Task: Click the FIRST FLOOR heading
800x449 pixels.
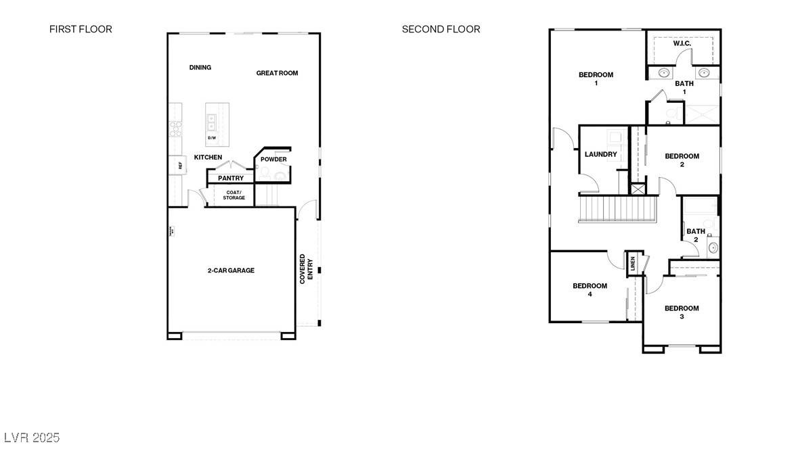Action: [81, 29]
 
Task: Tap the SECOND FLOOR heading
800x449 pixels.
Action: [441, 29]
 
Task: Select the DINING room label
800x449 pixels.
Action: [200, 68]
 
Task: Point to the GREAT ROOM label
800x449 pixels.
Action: [277, 73]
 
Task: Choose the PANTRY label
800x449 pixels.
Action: [231, 179]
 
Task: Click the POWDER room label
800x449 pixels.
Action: [273, 160]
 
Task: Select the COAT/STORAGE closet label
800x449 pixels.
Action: [234, 195]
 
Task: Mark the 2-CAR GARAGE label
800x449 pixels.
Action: [231, 270]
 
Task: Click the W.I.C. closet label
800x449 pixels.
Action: [682, 44]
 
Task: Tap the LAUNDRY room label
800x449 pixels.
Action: [601, 154]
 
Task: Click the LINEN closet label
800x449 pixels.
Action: [633, 264]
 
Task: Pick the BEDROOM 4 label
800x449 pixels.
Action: [590, 290]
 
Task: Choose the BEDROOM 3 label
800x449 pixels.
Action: [681, 312]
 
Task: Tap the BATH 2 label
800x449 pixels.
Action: [696, 235]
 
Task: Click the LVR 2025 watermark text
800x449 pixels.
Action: [32, 438]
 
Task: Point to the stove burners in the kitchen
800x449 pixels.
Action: [176, 128]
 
